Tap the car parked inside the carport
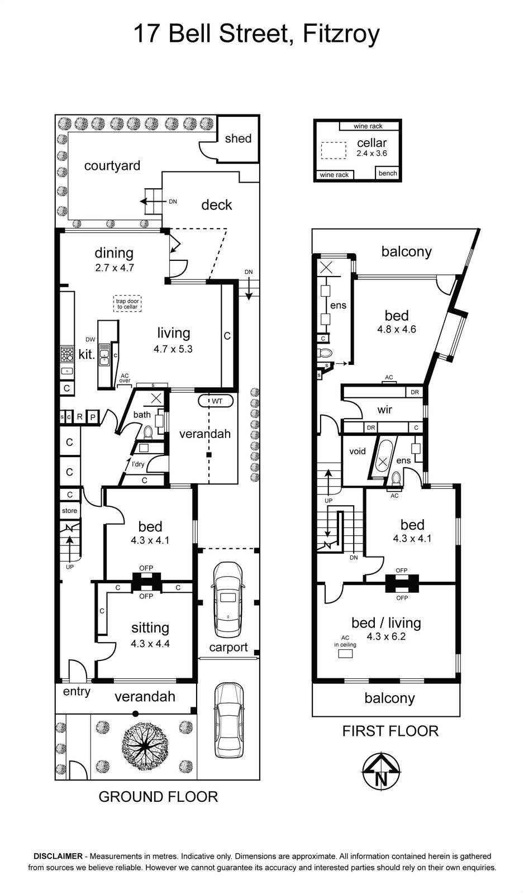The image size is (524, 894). click(x=228, y=600)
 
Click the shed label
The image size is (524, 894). click(x=238, y=139)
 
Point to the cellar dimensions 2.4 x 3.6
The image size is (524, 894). click(x=371, y=153)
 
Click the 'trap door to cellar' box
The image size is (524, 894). click(x=127, y=304)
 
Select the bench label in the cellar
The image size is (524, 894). click(x=388, y=173)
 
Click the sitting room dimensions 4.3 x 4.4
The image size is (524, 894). click(x=150, y=643)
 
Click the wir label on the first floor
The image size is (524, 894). click(x=385, y=410)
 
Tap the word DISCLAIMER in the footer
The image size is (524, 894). click(x=58, y=856)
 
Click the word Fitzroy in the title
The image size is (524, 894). click(x=341, y=35)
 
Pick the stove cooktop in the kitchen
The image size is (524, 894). click(x=66, y=354)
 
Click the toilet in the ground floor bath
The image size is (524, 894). click(x=148, y=432)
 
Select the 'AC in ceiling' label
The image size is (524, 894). click(x=345, y=641)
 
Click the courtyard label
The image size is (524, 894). click(x=112, y=165)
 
